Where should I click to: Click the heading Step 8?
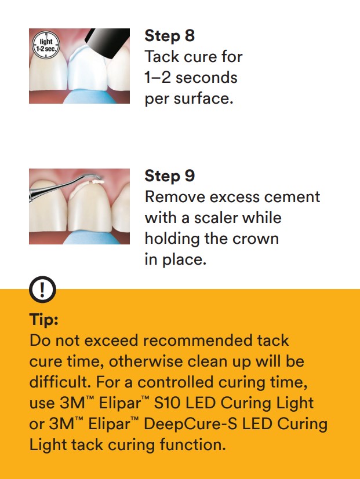tap(169, 36)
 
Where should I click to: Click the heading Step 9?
tap(169, 176)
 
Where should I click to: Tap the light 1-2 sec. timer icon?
tap(46, 45)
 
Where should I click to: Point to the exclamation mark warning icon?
tap(43, 289)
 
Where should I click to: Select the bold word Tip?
tap(43, 320)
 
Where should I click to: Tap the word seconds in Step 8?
tap(206, 78)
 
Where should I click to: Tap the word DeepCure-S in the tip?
tap(190, 424)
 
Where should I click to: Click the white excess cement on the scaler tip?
tap(97, 182)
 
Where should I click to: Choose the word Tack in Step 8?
tap(160, 57)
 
